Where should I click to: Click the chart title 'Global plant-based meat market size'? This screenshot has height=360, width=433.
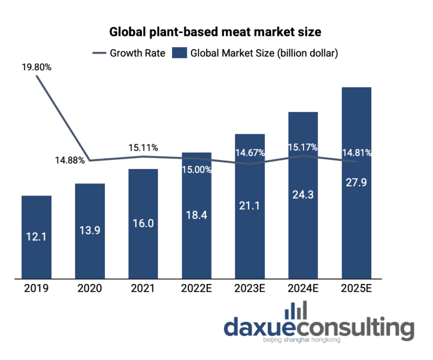(215, 32)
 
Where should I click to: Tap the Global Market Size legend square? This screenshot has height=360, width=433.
(179, 53)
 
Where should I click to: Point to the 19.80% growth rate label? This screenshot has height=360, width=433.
(36, 68)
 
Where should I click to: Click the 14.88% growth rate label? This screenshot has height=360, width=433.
(69, 160)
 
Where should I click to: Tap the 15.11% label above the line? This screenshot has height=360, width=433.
(143, 147)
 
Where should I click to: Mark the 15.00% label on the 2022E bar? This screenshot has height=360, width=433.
(196, 169)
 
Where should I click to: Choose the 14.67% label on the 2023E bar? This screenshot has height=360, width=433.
(250, 153)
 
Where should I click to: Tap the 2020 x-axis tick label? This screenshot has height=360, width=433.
(90, 288)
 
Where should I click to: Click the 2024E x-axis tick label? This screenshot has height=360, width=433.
(303, 288)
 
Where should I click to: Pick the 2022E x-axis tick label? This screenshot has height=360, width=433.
(196, 288)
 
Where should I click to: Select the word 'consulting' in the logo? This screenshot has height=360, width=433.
(354, 328)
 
